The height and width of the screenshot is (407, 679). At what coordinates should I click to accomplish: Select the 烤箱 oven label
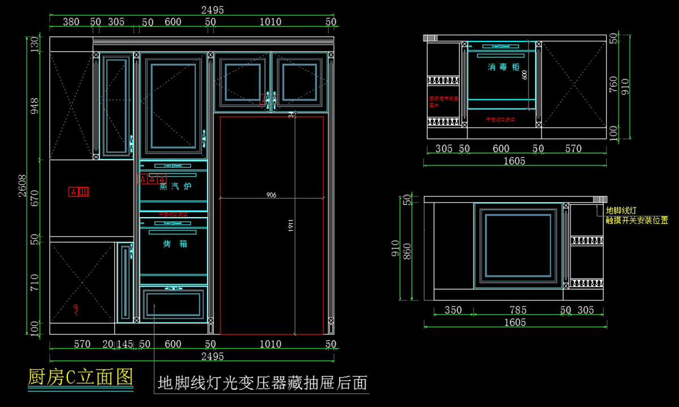point(175,244)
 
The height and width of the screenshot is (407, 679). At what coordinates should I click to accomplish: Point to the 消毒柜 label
point(503,67)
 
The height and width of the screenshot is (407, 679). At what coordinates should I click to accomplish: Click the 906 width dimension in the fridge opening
point(272,194)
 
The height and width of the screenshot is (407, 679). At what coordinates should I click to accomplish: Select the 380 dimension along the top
point(71,22)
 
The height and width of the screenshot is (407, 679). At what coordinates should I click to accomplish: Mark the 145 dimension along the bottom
point(125,344)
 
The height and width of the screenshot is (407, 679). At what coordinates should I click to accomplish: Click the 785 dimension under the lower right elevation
point(518,310)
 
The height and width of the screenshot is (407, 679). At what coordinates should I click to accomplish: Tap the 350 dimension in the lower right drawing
point(453,310)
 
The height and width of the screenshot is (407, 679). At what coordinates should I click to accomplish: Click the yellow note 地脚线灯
point(621,210)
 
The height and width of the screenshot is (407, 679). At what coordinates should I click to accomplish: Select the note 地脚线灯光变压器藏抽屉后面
point(263,383)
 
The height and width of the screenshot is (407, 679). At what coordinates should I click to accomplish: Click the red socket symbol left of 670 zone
point(79,192)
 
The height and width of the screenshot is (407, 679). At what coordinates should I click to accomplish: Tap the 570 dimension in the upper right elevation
point(573,149)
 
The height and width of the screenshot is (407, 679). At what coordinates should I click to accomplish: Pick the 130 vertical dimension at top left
point(35,44)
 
